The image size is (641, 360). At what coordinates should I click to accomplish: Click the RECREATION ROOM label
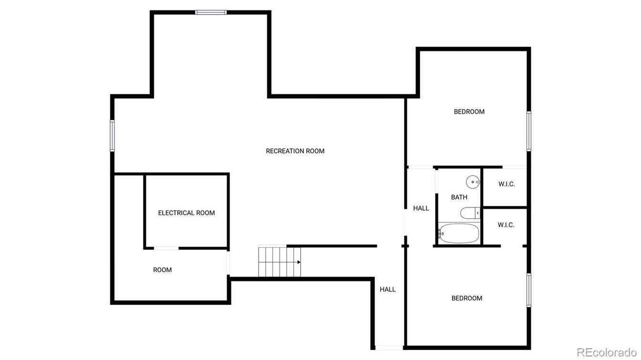coord(295,151)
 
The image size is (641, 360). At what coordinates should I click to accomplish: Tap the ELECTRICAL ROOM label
coord(186,213)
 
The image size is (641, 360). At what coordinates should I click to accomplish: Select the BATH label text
coord(459,197)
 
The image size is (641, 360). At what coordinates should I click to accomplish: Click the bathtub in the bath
coord(458,234)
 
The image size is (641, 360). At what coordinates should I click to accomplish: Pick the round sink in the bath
coord(472,181)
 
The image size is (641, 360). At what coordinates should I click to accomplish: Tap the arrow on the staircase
coord(299,262)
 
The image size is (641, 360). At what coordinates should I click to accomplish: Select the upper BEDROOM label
coord(469,112)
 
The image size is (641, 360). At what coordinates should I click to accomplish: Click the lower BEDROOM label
coord(467,298)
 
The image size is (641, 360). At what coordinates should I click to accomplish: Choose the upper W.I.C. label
coord(507,184)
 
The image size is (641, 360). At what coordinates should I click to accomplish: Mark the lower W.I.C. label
coord(506,225)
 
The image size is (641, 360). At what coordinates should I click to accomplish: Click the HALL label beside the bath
coord(421,208)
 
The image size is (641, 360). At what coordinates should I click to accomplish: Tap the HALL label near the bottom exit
coord(388,289)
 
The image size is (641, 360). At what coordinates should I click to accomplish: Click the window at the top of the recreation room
coord(211,12)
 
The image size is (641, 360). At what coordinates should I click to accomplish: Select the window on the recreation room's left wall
coord(113,136)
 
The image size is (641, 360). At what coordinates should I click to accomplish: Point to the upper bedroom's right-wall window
coord(529,131)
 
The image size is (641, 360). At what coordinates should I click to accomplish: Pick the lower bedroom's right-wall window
coord(529,290)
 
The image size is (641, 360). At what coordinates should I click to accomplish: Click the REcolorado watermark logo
coord(606,352)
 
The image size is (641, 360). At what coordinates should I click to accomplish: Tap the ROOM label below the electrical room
coord(162,270)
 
